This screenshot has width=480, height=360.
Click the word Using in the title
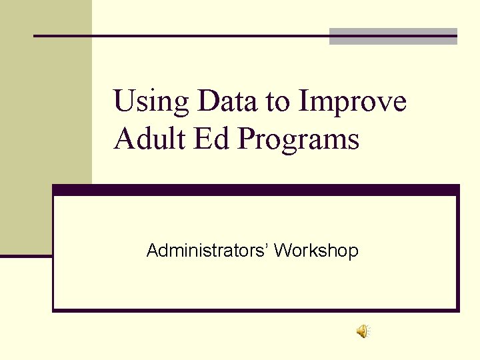(x=152, y=102)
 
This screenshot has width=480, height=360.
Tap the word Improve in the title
(x=353, y=102)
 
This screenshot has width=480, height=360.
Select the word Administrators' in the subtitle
(x=207, y=251)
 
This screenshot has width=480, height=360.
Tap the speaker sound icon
(x=363, y=331)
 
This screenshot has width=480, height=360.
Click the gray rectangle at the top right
(x=393, y=36)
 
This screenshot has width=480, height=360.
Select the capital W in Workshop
(x=281, y=251)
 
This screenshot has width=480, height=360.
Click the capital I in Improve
(x=303, y=101)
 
